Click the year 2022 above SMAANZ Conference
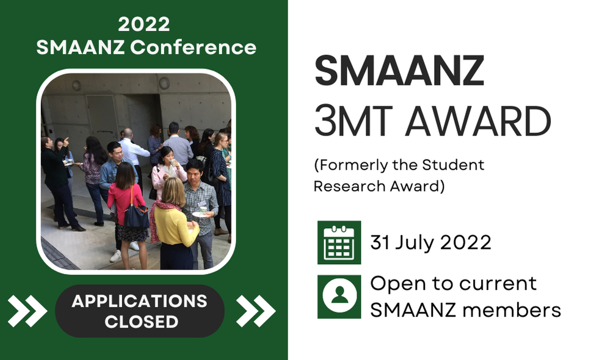[x=144, y=24]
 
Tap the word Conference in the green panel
[x=193, y=48]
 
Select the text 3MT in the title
[x=354, y=121]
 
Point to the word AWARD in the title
[x=478, y=121]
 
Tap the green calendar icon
[x=339, y=242]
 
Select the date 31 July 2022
[x=430, y=242]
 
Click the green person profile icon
[x=339, y=297]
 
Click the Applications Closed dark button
[x=140, y=311]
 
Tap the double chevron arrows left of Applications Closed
[x=27, y=311]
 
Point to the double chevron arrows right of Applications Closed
[x=256, y=311]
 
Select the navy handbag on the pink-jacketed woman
[x=136, y=214]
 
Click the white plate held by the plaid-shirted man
[x=200, y=214]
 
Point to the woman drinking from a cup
[x=167, y=172]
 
